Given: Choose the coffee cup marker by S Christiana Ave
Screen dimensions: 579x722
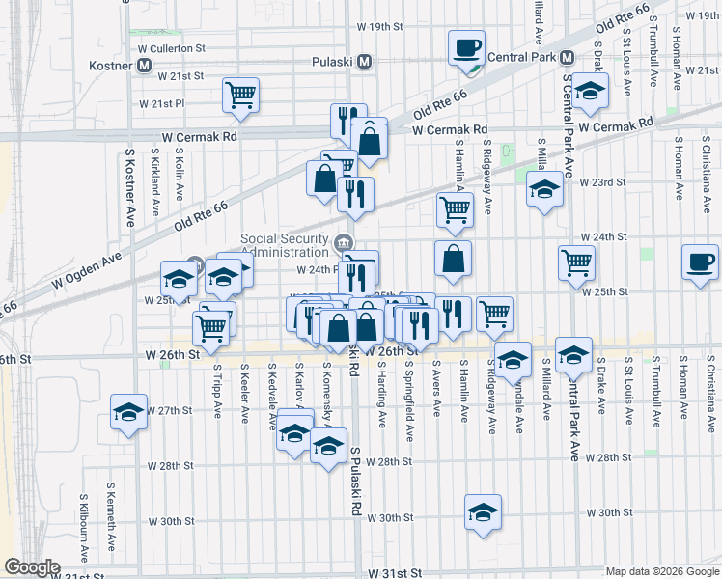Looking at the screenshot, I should [x=700, y=262].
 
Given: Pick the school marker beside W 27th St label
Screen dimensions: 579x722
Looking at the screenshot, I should [x=127, y=413].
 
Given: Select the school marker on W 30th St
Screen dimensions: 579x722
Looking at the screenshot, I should [x=484, y=511].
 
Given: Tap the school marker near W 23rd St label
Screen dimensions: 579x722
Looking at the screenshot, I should [x=544, y=189].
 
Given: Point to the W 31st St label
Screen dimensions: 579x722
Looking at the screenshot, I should [x=395, y=572].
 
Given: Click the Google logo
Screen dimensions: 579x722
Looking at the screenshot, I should [x=32, y=567].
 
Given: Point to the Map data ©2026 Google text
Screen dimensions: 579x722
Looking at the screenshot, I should [x=662, y=571].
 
